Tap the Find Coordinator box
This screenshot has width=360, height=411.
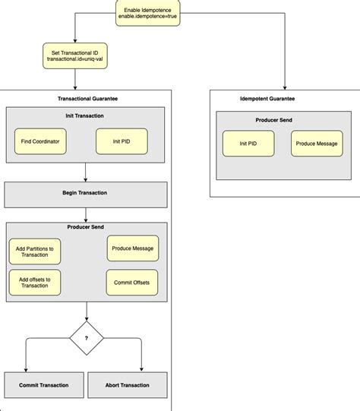point(40,141)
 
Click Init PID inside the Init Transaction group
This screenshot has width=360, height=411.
point(122,141)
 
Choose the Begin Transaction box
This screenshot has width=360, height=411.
point(85,194)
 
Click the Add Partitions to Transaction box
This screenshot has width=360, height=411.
point(35,251)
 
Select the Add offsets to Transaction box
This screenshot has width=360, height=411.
point(35,283)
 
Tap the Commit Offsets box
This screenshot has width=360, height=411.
point(131,283)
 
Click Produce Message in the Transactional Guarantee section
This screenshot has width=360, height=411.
point(131,248)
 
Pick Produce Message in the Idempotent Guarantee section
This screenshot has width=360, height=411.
point(317,144)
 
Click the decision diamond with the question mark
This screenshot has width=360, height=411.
point(86,338)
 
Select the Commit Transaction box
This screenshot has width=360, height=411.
point(43,385)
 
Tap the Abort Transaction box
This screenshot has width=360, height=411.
point(127,385)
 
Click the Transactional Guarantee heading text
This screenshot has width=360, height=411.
point(87,99)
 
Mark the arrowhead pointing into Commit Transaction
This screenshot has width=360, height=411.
point(27,368)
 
